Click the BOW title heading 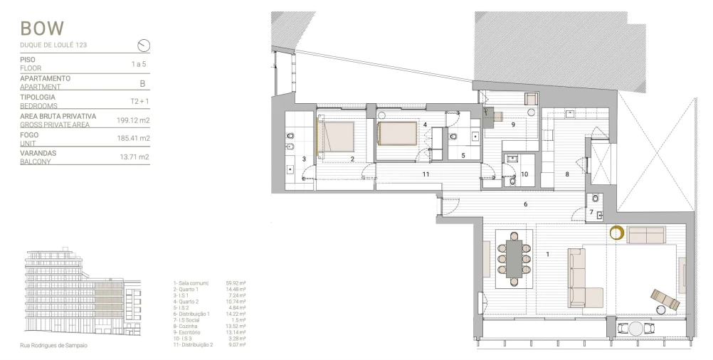(x=42, y=28)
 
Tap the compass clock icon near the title (x=144, y=46)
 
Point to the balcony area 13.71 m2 (x=134, y=157)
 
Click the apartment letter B (x=142, y=83)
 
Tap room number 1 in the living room (x=548, y=254)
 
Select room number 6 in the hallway (x=525, y=205)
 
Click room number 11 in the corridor (x=426, y=174)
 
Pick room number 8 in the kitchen (x=567, y=174)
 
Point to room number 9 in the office (x=512, y=125)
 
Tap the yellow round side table (x=618, y=233)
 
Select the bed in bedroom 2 (x=336, y=137)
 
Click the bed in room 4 (x=396, y=133)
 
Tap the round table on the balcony (x=630, y=329)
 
